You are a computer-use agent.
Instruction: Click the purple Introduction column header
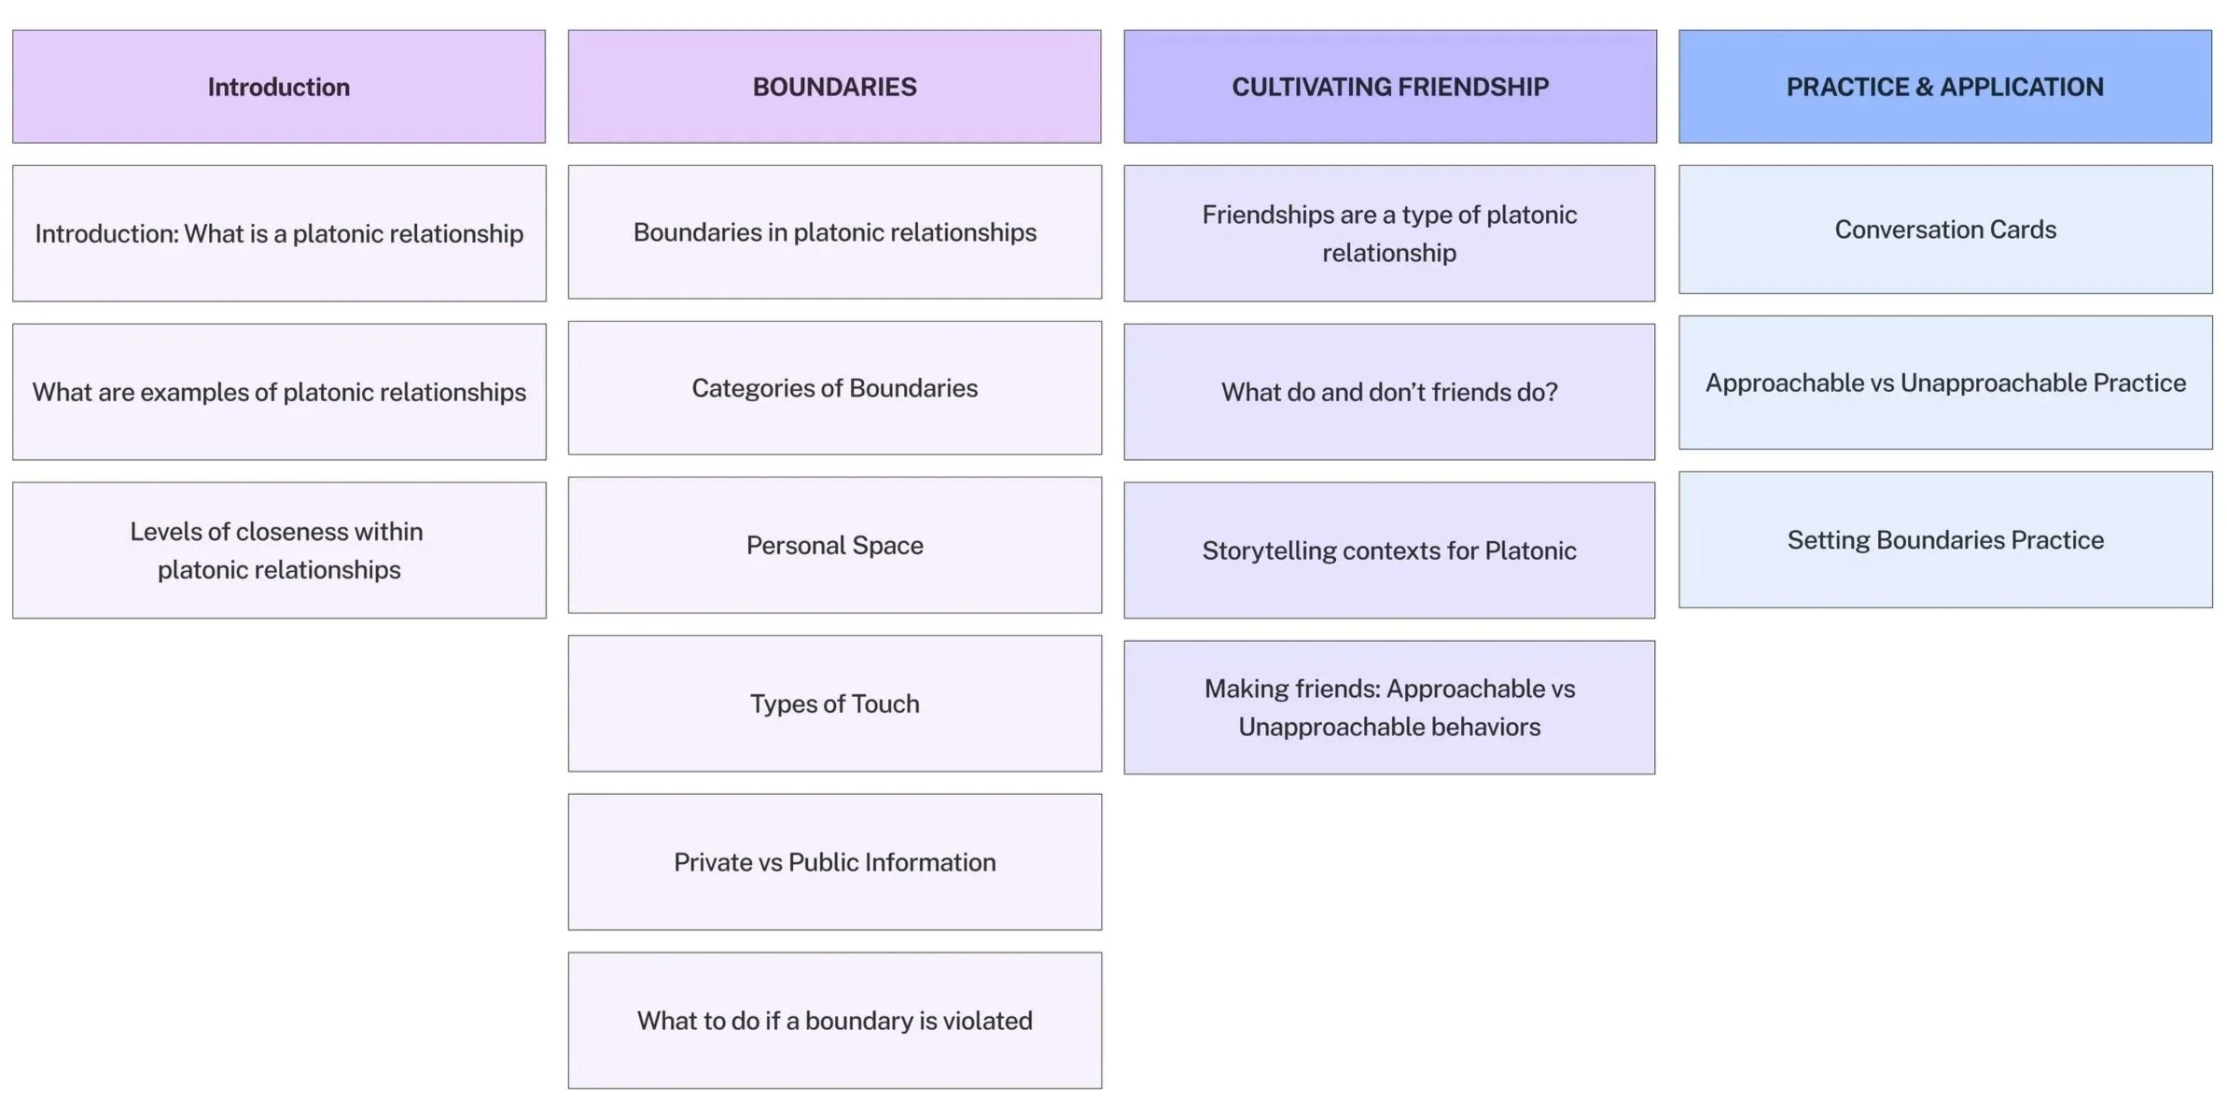coord(278,87)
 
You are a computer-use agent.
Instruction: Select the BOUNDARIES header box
coord(834,87)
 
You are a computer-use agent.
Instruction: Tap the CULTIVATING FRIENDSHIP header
coord(1389,87)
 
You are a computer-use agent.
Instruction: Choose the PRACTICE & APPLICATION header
coord(1944,87)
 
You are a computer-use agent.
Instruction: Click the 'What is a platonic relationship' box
coord(278,233)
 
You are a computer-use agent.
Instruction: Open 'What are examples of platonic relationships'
coord(278,392)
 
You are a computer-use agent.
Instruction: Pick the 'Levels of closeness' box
coord(278,550)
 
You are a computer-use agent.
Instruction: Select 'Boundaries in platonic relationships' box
coord(834,232)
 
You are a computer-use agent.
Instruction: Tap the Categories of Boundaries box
coord(834,388)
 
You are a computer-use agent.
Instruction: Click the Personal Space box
coord(834,545)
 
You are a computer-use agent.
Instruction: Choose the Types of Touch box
coord(834,703)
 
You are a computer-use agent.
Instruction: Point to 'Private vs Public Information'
coord(834,862)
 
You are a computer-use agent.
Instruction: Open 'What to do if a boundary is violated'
coord(834,1021)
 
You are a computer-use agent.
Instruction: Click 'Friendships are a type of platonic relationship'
coord(1389,233)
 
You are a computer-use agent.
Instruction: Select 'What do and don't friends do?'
coord(1389,392)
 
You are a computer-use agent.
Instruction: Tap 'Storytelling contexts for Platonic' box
coord(1389,550)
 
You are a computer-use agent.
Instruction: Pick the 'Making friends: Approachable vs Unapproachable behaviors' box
coord(1389,707)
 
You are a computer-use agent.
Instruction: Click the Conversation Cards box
coord(1945,230)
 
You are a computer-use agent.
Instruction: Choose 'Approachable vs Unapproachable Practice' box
coord(1945,383)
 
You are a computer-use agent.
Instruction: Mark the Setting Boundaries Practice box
coord(1945,539)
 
